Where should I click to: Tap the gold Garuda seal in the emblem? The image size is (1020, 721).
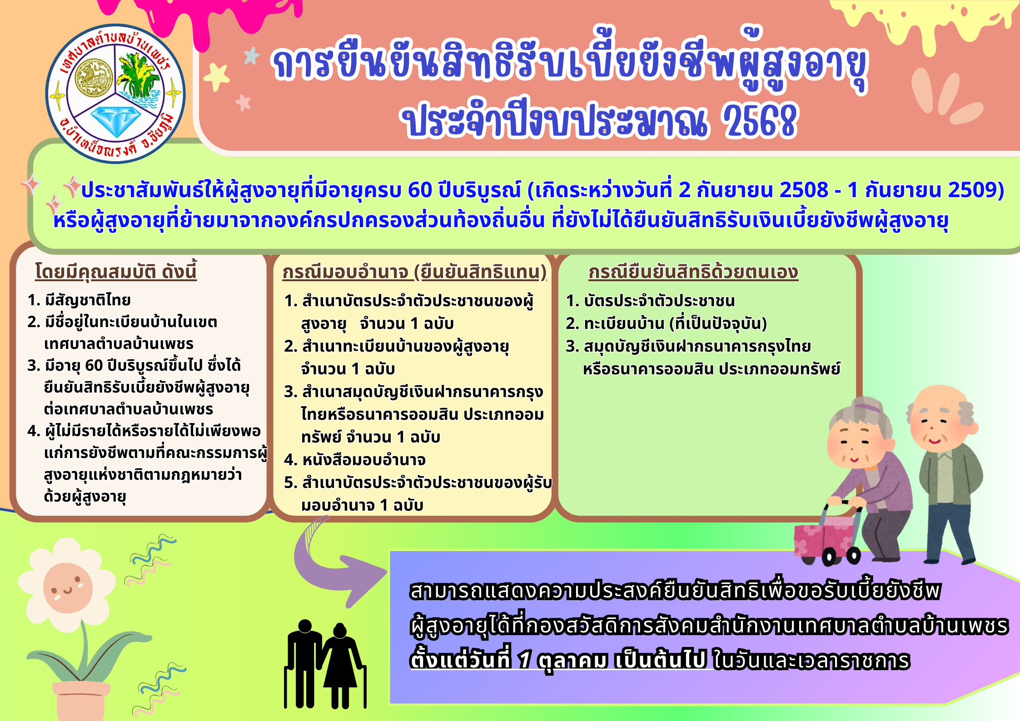pyautogui.click(x=93, y=78)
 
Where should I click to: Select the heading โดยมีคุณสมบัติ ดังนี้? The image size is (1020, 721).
pyautogui.click(x=116, y=271)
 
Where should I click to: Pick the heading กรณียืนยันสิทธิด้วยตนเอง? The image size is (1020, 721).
pyautogui.click(x=693, y=272)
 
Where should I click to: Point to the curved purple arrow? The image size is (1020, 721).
pyautogui.click(x=336, y=563)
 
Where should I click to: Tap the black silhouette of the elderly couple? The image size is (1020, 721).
pyautogui.click(x=325, y=664)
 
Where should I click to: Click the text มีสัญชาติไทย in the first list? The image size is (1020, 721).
pyautogui.click(x=88, y=300)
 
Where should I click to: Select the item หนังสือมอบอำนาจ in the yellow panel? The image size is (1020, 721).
pyautogui.click(x=364, y=460)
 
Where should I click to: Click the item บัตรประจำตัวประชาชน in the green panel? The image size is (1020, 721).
pyautogui.click(x=659, y=301)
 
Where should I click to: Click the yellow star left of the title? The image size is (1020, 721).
pyautogui.click(x=217, y=77)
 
